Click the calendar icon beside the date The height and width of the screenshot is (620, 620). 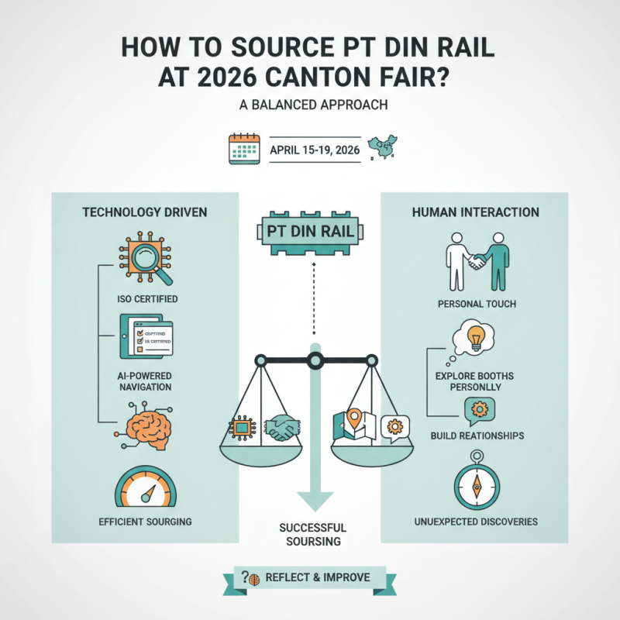(243, 150)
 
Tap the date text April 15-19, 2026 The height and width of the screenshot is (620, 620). (315, 150)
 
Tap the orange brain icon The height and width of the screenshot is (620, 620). (144, 423)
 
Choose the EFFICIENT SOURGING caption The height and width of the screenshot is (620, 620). (145, 522)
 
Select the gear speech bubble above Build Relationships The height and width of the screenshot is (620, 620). (477, 409)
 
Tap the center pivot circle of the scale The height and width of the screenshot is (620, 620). (315, 360)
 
